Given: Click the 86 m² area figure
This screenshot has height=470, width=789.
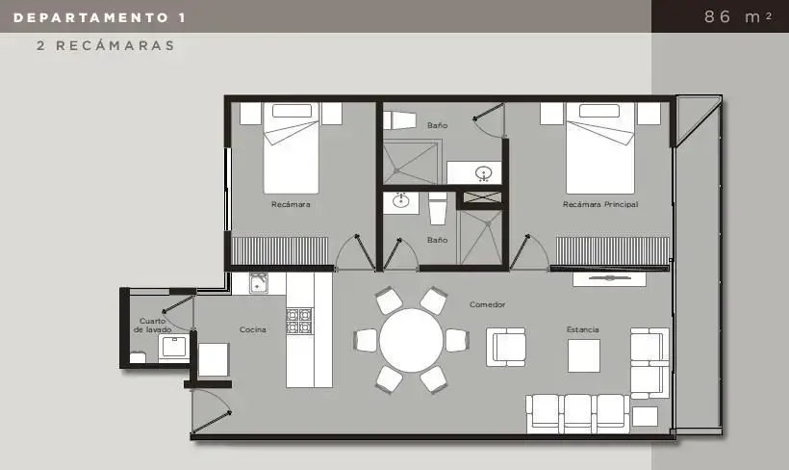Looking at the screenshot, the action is pos(738,16).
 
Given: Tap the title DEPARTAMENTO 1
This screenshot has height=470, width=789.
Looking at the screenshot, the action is pos(100,18).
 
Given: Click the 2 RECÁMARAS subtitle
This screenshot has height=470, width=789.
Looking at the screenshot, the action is pos(106,46).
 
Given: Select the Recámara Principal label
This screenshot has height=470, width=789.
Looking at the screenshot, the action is pos(600,204).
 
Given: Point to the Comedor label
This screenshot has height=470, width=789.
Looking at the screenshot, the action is pos(487,304).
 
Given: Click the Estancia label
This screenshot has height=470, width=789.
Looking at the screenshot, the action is pos(583,329).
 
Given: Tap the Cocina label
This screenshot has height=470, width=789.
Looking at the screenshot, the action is pos(253,329).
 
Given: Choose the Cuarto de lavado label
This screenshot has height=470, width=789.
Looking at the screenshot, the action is pos(152,325).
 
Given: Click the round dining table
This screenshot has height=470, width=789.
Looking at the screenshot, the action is pos(411,341).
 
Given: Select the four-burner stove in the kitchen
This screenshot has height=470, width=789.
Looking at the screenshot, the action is pos(299,321).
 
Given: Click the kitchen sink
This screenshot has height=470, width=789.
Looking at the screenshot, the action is pos(259,283).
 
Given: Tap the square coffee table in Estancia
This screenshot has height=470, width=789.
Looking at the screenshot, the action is pos(584,355).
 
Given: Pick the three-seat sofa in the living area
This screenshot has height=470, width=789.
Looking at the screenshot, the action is pos(577,413).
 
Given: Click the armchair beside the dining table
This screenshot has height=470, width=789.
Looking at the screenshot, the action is pos(506,347).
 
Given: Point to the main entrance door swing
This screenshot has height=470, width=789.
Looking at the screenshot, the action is pos(212,412).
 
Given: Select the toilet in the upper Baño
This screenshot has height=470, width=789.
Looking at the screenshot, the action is pos(399,120).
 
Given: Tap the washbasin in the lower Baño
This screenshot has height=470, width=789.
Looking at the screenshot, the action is pos(401,201).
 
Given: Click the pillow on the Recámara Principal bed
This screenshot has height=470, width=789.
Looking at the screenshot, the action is pos(599,111).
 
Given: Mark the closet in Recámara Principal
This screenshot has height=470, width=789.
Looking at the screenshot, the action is pos(612,250).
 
